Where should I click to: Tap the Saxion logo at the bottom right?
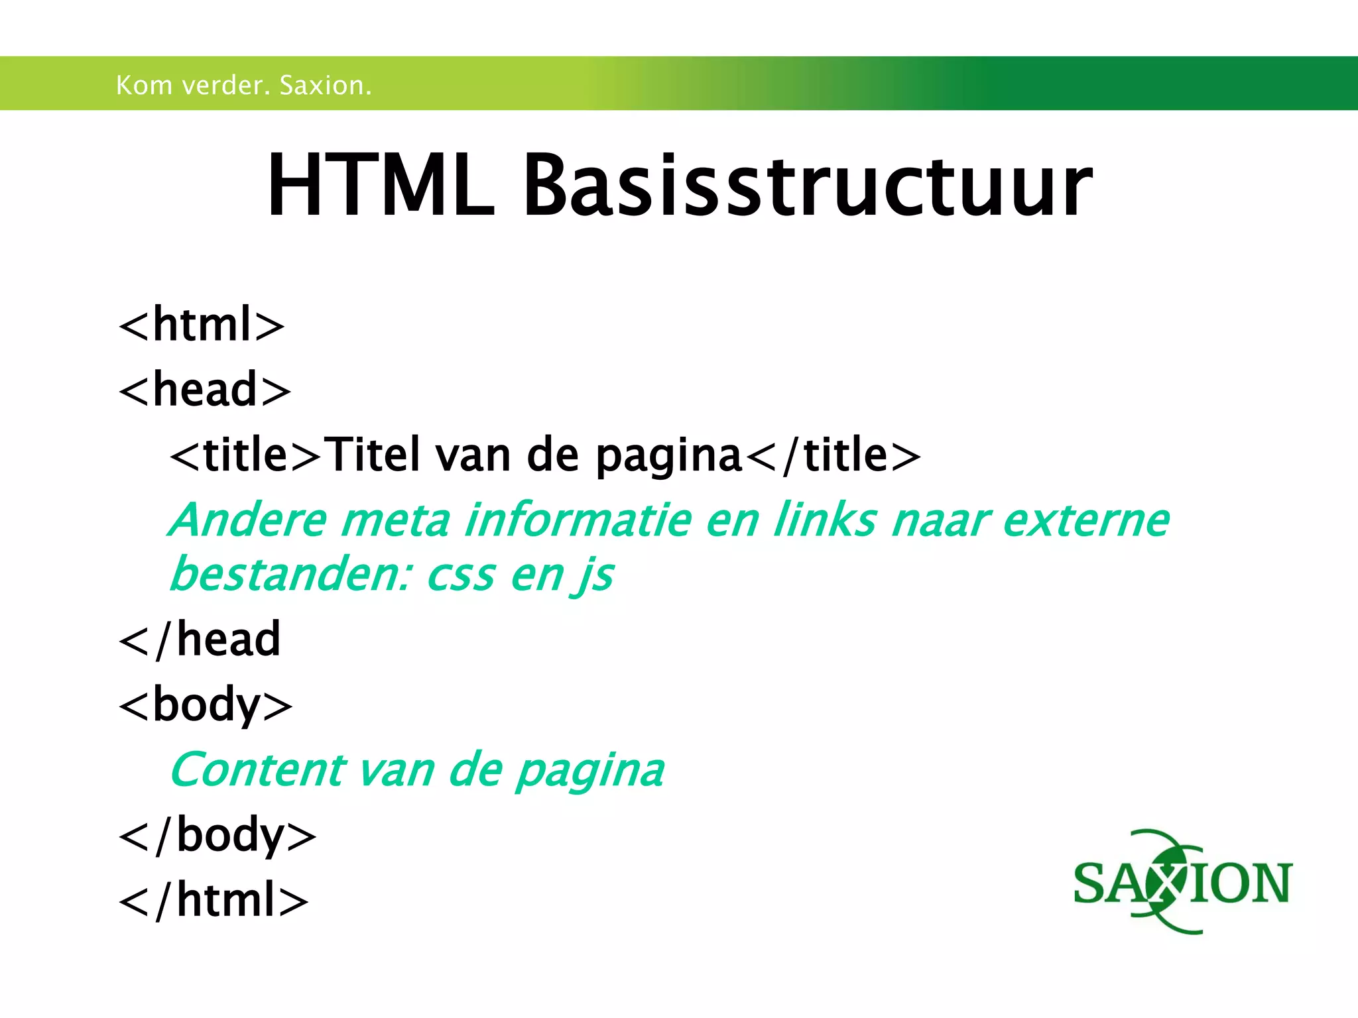point(1182,882)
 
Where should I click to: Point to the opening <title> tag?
point(245,455)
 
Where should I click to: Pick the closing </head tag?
point(200,640)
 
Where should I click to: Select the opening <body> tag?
point(205,705)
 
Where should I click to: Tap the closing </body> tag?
point(217,836)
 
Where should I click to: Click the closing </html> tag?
point(214,901)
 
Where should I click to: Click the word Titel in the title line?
point(375,455)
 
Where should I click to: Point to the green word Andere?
point(248,520)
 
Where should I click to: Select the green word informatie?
point(577,520)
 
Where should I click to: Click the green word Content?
point(258,770)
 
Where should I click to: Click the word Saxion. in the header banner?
point(325,85)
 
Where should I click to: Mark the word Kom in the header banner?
point(144,85)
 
